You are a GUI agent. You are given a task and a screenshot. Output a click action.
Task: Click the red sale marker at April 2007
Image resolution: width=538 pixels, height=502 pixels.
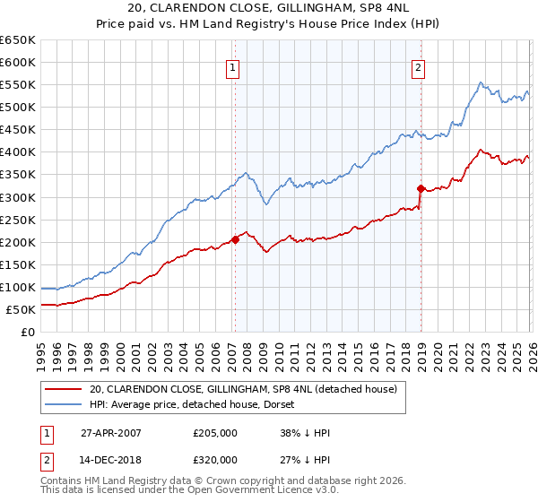click(x=235, y=239)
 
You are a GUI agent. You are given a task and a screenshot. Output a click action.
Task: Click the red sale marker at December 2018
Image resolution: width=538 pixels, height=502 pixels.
click(x=421, y=188)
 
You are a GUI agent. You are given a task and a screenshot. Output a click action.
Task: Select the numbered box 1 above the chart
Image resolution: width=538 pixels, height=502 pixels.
click(x=232, y=66)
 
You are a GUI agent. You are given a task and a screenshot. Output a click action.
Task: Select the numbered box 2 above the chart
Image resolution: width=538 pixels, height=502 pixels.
click(x=419, y=66)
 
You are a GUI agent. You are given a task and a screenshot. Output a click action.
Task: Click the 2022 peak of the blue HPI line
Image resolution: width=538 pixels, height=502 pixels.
click(x=481, y=83)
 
